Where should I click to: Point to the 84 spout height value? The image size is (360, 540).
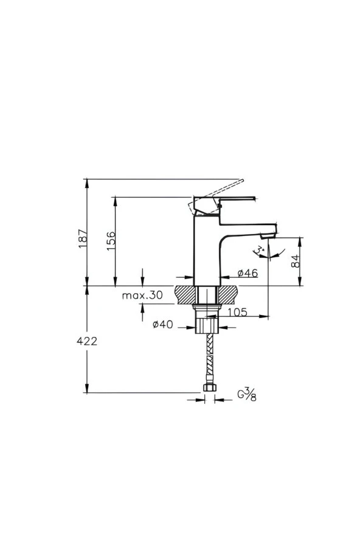(x=295, y=261)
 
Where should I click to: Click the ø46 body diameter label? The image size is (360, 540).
(x=247, y=274)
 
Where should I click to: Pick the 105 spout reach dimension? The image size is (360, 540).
(x=237, y=312)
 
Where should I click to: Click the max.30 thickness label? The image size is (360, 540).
(x=142, y=296)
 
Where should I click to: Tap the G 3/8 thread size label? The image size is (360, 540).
(x=246, y=395)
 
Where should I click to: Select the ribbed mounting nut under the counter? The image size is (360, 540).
(x=206, y=322)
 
